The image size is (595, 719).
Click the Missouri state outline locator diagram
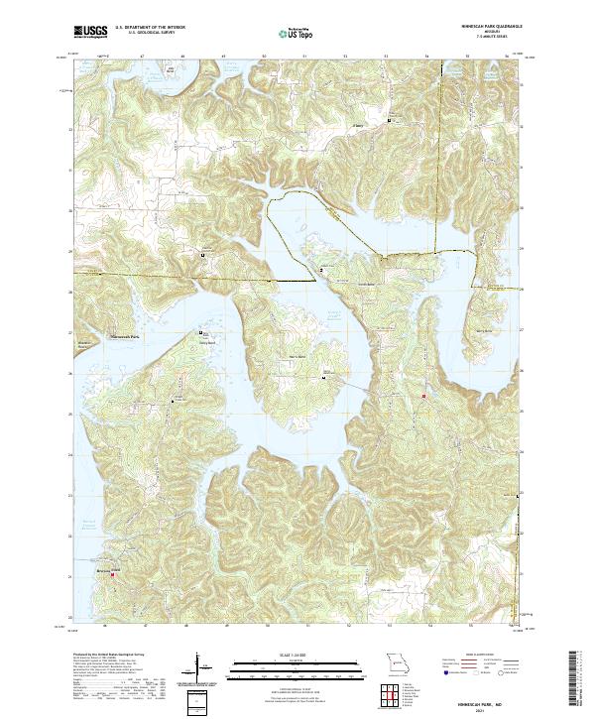pos(398,661)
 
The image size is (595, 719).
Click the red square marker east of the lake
pos(424,396)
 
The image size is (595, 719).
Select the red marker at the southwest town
pos(111,576)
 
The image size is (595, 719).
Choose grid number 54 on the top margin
pos(427,57)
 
